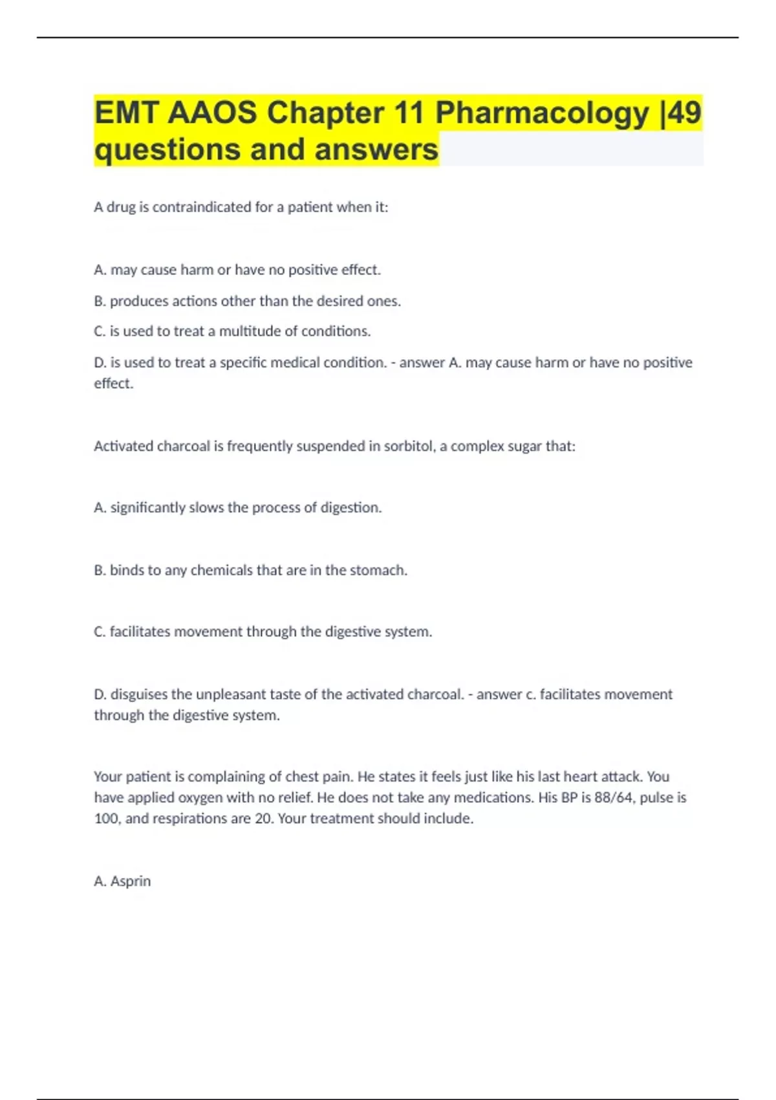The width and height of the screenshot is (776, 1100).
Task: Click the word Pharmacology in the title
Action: tap(542, 114)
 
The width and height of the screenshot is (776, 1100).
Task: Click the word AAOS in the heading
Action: tap(213, 113)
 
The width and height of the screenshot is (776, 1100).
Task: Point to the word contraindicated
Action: tap(202, 207)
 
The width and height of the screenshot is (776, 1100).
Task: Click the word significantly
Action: tap(148, 508)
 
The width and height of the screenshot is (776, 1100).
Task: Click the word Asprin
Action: tap(131, 881)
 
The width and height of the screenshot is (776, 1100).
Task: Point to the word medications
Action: tap(493, 797)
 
